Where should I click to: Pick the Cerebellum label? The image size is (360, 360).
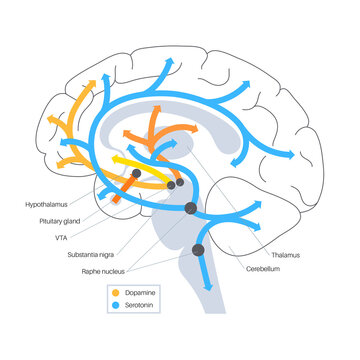click(265, 271)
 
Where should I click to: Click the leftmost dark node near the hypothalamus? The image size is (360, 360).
click(137, 175)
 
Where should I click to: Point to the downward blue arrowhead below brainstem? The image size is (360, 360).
click(207, 290)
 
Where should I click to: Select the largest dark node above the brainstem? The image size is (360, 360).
click(191, 208)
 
